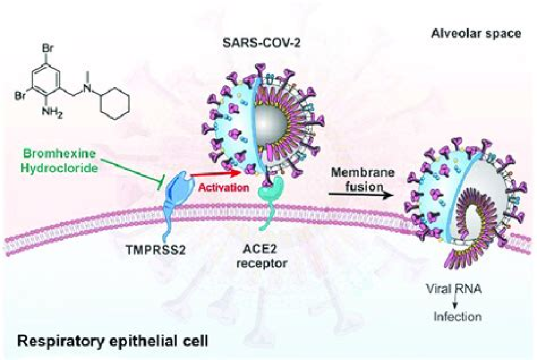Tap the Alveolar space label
coord(476,33)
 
